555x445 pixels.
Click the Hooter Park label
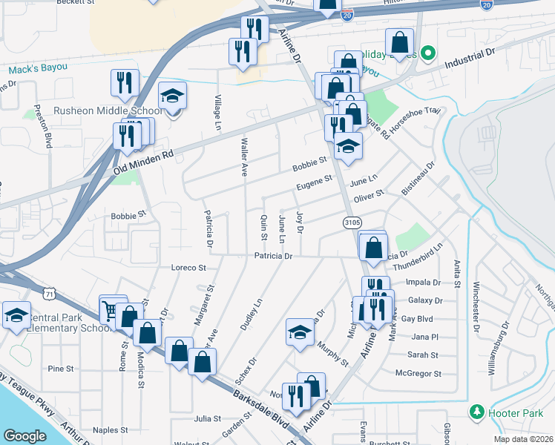coord(511,412)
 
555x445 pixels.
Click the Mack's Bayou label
coord(38,69)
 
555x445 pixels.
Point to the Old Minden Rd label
coord(142,165)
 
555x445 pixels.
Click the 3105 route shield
coord(352,222)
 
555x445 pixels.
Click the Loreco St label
coord(186,267)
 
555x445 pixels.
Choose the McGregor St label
coord(418,373)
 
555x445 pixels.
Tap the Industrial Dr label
coord(470,59)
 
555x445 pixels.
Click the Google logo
coord(24,436)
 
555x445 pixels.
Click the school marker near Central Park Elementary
coord(16,315)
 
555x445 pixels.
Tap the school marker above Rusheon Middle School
coord(173,96)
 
